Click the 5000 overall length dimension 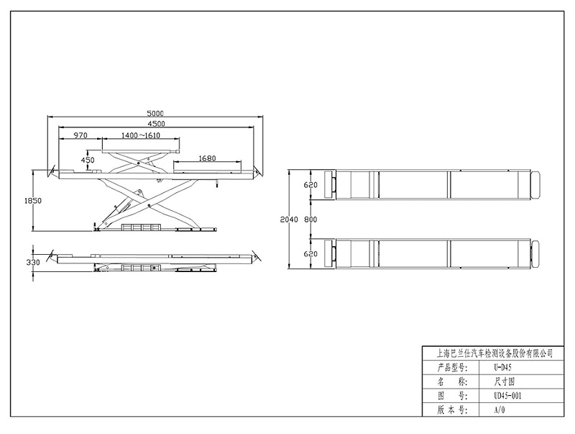155,113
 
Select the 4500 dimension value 155,124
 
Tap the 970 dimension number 80,135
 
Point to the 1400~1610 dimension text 140,135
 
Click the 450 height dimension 88,160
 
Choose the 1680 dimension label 207,158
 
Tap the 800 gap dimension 310,219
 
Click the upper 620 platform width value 310,185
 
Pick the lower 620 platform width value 310,253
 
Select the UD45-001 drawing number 507,396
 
